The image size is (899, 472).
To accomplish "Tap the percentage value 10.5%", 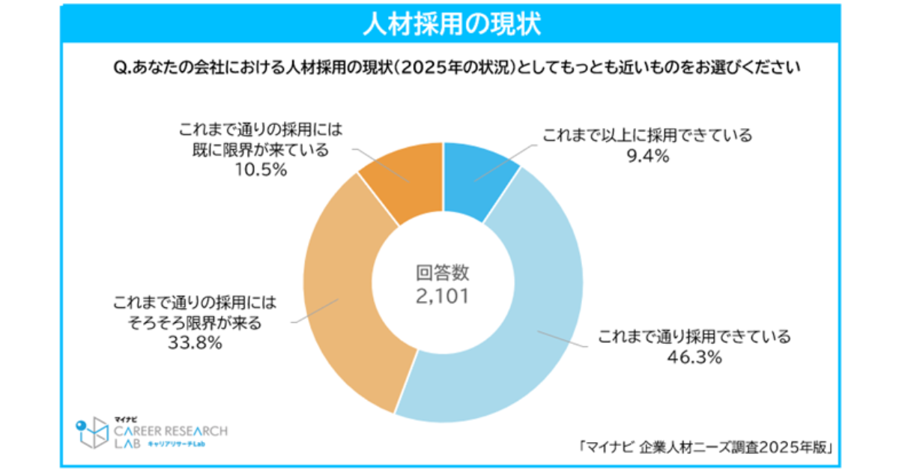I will click(x=261, y=171).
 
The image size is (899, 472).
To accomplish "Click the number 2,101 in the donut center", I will click(x=443, y=296).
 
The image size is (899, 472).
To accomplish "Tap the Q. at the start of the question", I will click(x=121, y=67).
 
